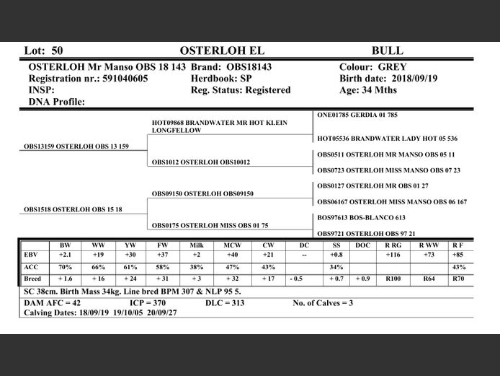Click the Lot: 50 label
(x=44, y=51)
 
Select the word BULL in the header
(x=387, y=51)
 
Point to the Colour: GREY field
(x=372, y=66)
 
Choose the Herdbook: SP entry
(x=221, y=78)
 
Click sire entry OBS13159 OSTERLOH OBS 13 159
(x=76, y=147)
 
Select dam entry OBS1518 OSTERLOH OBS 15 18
(x=73, y=209)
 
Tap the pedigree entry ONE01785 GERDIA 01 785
(x=357, y=115)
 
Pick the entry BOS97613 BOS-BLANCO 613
(x=361, y=217)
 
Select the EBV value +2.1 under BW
(x=64, y=255)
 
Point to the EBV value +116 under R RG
(x=393, y=255)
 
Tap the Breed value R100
(x=393, y=279)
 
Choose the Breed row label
(x=32, y=279)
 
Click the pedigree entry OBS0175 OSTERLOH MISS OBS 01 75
(x=210, y=225)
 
